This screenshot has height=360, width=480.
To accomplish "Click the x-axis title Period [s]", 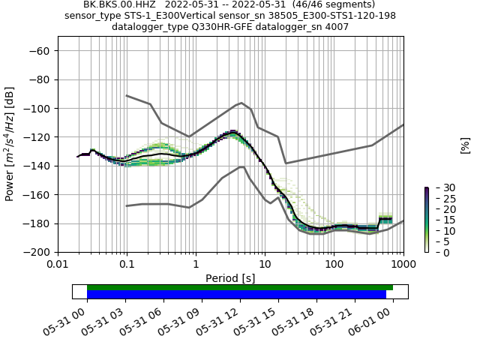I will click(230, 278).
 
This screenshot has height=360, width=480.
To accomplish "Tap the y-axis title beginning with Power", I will click(10, 145).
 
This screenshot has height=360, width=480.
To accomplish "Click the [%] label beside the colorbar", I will click(465, 145).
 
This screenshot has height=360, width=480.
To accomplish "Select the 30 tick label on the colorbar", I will click(439, 187).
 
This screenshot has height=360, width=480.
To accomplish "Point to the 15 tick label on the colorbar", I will click(439, 220).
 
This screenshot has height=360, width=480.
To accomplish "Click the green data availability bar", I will click(240, 287).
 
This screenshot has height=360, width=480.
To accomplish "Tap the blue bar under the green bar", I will click(236, 295).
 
